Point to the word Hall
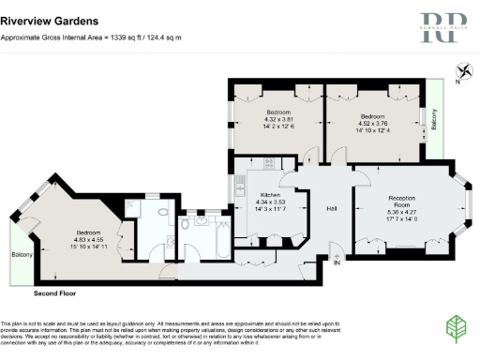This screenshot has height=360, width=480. (331, 208)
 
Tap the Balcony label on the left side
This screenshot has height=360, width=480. (22, 255)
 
